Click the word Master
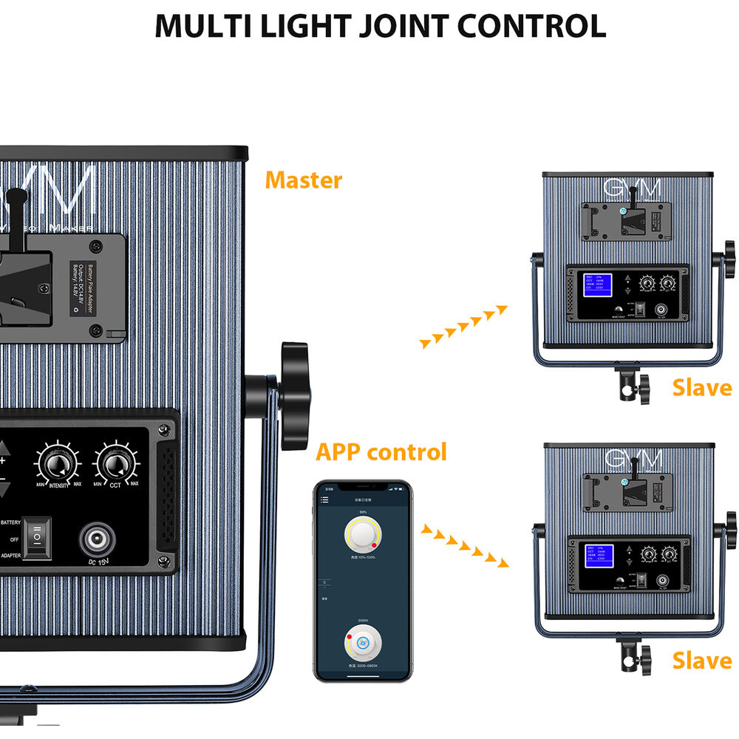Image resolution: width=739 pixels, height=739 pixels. tap(304, 180)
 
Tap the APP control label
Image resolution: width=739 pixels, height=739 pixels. tap(381, 452)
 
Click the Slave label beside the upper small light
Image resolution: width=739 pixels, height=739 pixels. tap(701, 387)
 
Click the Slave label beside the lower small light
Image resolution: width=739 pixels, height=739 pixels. tap(701, 660)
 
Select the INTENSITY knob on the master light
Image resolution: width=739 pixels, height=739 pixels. tap(53, 464)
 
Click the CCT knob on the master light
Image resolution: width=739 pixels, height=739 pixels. tap(115, 464)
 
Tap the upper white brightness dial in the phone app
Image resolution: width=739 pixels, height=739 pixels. tap(362, 534)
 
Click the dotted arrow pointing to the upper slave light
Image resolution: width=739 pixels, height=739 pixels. tap(463, 325)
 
